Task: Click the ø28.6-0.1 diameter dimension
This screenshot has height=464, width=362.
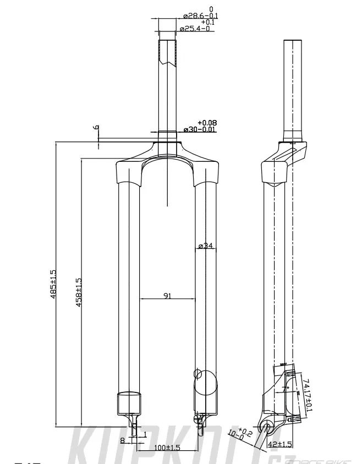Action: tap(199, 16)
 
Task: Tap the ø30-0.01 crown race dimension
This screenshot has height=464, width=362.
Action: tap(199, 129)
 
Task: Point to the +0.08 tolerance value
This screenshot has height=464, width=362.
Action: tap(206, 122)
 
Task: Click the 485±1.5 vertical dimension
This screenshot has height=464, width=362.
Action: tap(53, 284)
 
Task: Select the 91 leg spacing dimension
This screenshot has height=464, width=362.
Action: tap(167, 296)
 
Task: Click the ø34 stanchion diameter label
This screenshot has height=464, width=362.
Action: tap(205, 245)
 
